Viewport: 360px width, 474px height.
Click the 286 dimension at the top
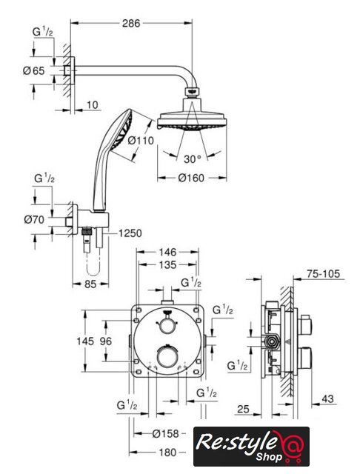click(x=131, y=23)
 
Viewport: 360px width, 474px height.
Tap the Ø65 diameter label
click(x=34, y=71)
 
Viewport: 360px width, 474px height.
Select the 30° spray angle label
click(x=193, y=159)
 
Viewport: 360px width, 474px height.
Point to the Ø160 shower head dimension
click(x=191, y=178)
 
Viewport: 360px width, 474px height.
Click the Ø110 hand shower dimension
click(x=141, y=141)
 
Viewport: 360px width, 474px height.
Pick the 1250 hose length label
click(x=130, y=233)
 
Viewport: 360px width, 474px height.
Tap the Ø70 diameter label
click(x=34, y=219)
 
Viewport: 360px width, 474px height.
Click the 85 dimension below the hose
click(x=90, y=284)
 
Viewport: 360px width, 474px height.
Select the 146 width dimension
click(x=167, y=252)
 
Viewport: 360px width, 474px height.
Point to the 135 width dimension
click(x=167, y=265)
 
